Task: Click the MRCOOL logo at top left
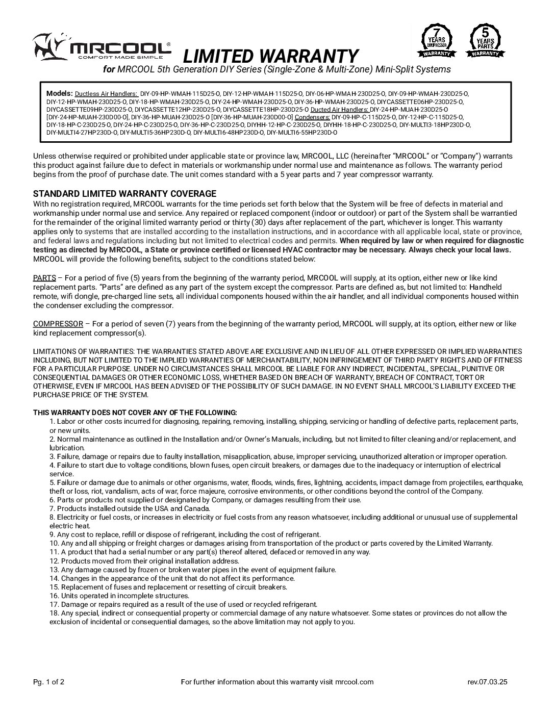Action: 102,47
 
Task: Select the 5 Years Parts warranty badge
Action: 485,40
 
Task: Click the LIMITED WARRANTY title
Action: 270,56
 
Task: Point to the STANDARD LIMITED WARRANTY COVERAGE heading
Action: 124,194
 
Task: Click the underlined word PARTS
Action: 44,278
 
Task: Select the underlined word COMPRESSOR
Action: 58,324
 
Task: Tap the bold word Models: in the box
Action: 59,93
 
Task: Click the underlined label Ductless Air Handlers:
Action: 106,94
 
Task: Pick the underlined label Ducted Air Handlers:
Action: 339,109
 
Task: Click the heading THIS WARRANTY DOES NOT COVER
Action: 135,412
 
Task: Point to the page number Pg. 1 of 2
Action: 48,682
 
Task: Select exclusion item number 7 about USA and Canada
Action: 130,508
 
